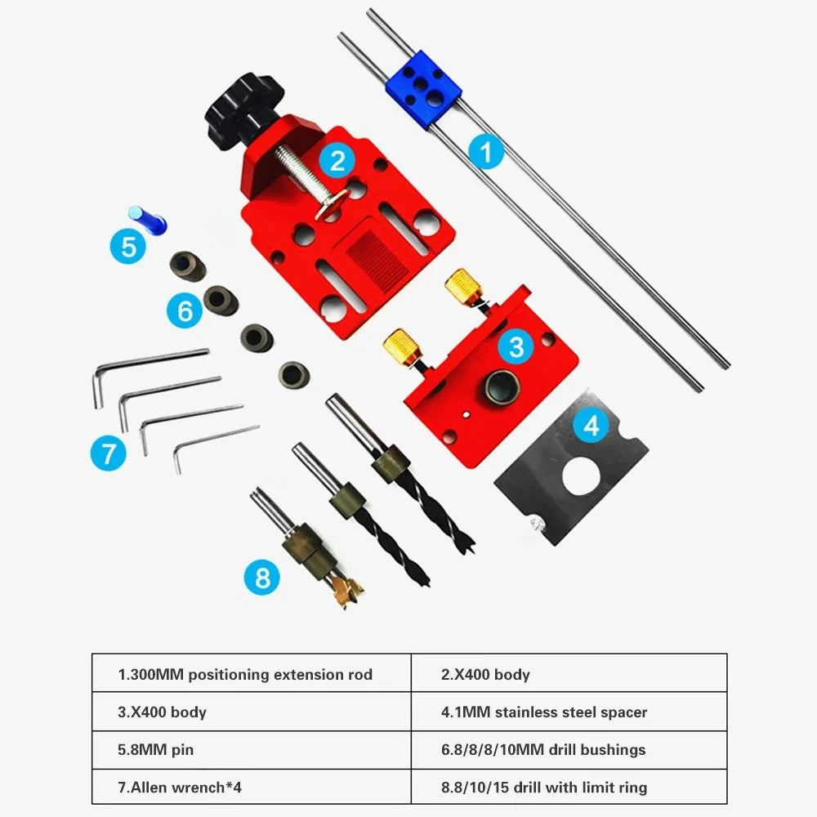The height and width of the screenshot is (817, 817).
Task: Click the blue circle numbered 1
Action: coord(487,152)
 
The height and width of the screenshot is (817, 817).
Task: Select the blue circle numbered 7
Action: coord(108,453)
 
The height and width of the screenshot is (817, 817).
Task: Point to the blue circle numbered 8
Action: coord(262,578)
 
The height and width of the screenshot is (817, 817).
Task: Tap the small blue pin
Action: coord(147,219)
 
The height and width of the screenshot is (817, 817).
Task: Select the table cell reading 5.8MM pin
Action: coord(250,749)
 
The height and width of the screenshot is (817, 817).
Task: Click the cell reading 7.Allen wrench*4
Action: coord(250,787)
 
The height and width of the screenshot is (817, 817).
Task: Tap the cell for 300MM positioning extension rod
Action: coord(250,674)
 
